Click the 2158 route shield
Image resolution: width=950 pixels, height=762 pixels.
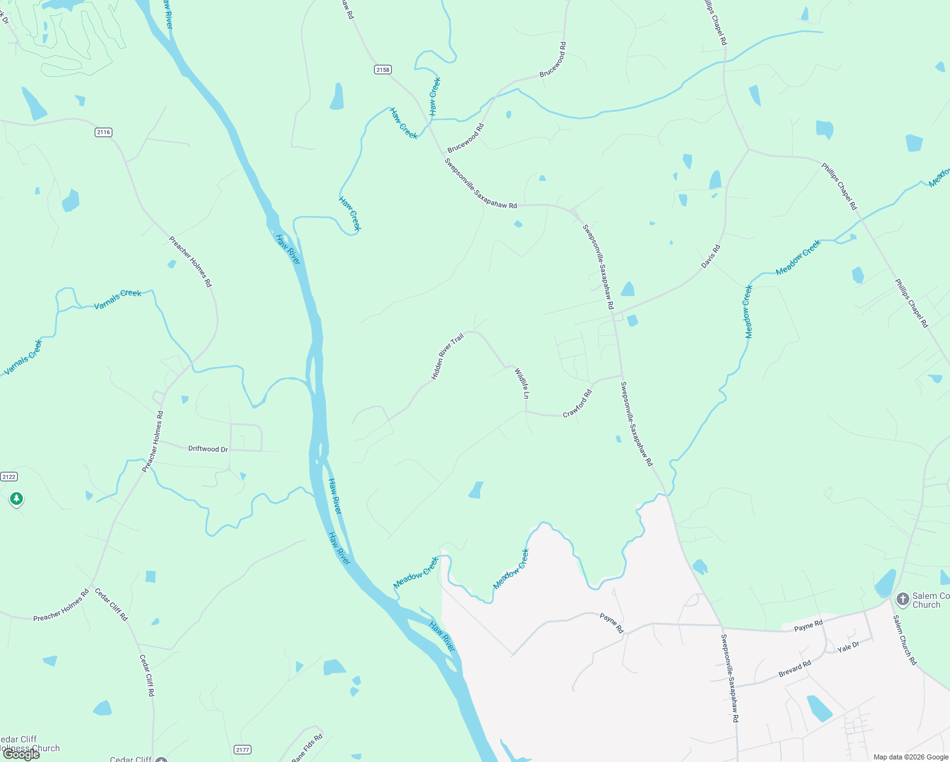[x=383, y=70]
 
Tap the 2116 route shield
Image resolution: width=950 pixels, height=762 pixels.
[x=104, y=132]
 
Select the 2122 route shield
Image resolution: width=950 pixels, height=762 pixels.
[x=9, y=477]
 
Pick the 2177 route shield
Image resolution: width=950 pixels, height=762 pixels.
[x=242, y=750]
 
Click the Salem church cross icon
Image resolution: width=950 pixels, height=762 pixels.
[x=902, y=599]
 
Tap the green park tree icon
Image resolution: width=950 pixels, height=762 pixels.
[x=17, y=500]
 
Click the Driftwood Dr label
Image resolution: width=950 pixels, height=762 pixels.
[x=208, y=449]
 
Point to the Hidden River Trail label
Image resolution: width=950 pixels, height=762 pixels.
[x=447, y=357]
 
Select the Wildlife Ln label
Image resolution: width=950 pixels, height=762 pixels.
[x=523, y=384]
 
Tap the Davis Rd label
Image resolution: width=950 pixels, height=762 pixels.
[x=711, y=257]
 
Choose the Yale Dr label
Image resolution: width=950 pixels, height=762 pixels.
[x=848, y=647]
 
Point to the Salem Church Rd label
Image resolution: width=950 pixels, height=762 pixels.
[x=905, y=640]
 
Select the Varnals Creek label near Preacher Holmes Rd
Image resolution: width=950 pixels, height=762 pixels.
[x=117, y=299]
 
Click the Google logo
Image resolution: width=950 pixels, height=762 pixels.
[x=22, y=754]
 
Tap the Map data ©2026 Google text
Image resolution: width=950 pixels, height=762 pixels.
[x=911, y=757]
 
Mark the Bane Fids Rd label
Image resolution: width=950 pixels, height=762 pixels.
[x=307, y=748]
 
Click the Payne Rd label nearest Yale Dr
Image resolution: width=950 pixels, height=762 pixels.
[x=808, y=626]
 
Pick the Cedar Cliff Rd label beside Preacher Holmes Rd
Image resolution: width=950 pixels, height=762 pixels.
[x=111, y=605]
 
